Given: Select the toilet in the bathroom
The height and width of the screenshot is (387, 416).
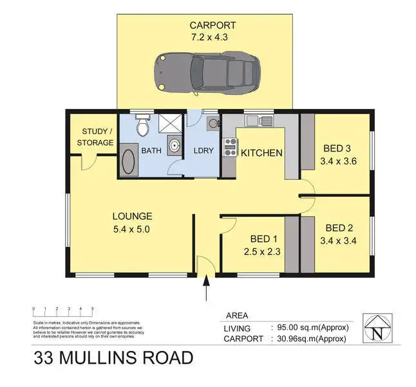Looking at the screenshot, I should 142,125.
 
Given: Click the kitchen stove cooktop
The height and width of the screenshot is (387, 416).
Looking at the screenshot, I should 228,148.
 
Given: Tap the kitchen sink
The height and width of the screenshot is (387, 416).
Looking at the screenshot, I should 262,119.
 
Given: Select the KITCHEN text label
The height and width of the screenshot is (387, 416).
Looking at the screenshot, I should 261,153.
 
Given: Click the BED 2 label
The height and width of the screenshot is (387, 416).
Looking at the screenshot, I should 338,228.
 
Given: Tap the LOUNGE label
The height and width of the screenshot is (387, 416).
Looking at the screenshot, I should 132,216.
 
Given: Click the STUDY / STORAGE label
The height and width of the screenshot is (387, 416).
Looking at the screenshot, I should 95,137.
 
